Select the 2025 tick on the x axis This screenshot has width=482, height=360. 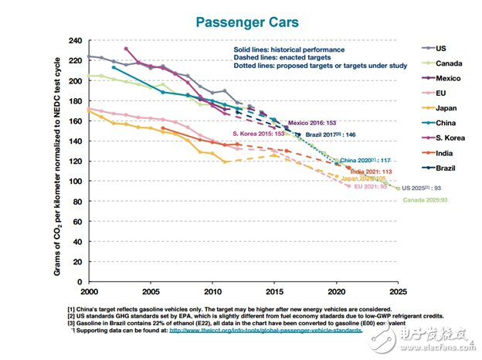(399, 293)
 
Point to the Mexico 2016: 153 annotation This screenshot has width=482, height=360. (311, 124)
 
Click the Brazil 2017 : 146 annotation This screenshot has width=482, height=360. (329, 134)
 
